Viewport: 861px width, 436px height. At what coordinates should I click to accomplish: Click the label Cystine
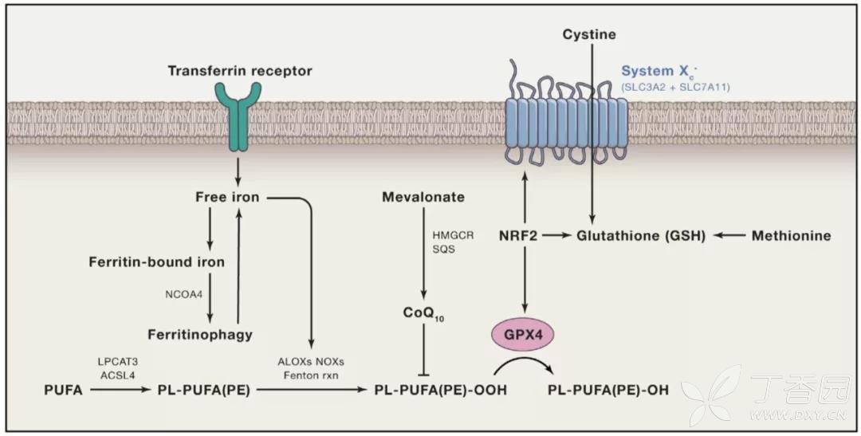589,35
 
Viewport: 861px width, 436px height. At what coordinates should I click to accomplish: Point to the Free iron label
227,197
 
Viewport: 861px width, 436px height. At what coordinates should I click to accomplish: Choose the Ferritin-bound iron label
168,261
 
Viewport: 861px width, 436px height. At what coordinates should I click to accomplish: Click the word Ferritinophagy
200,334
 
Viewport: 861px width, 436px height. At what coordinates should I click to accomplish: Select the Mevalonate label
423,197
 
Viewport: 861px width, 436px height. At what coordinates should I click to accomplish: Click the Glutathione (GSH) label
640,235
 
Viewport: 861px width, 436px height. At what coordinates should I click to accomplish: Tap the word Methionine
791,235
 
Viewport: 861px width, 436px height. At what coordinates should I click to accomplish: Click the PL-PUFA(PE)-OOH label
441,390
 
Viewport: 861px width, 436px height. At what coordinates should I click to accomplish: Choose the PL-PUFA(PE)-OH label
609,390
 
